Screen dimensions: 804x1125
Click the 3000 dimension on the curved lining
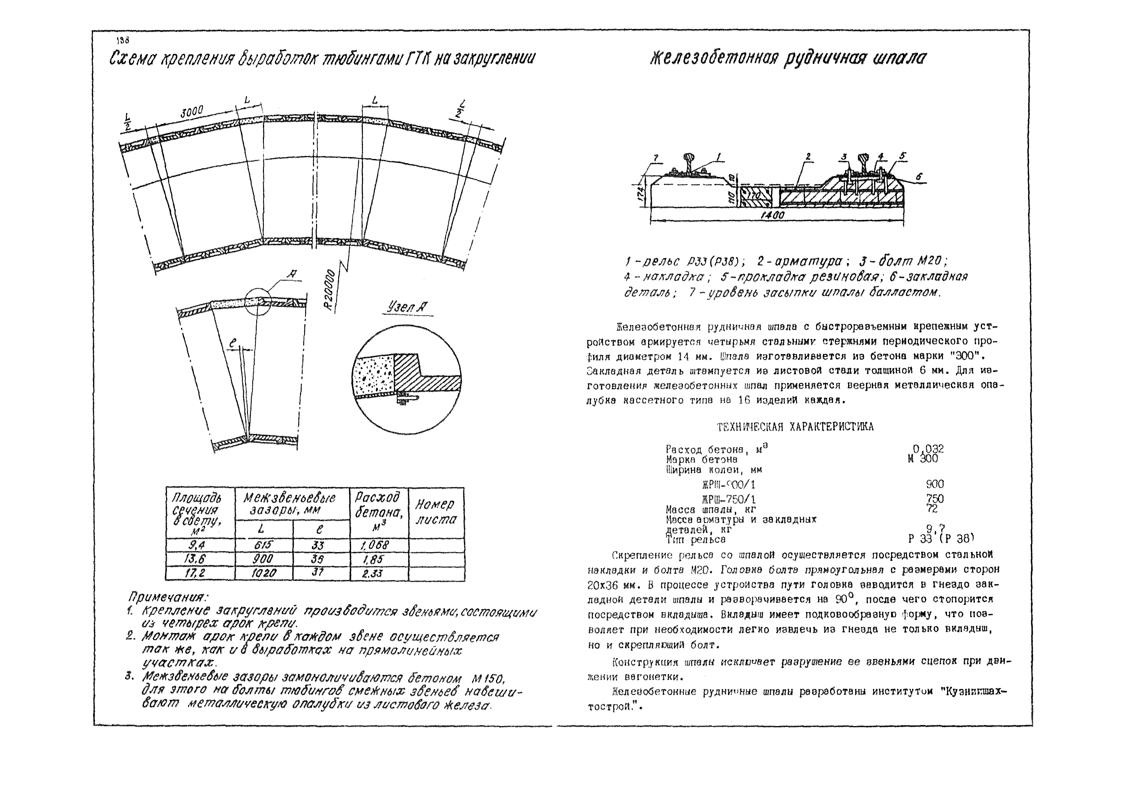click(x=192, y=112)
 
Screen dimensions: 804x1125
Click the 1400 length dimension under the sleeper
click(x=772, y=215)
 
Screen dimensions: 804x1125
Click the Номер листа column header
click(x=436, y=512)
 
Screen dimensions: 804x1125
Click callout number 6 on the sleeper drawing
click(x=919, y=176)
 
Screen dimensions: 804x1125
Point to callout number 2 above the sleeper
click(x=808, y=157)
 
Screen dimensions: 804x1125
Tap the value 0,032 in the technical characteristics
click(x=928, y=449)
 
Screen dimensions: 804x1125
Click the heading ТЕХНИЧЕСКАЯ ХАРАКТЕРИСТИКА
click(x=795, y=427)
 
